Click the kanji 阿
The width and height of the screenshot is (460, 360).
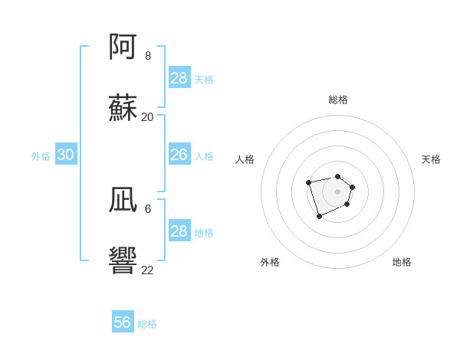pos(123,47)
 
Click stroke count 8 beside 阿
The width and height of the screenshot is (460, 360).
pos(148,56)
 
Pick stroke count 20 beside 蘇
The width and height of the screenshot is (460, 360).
pos(148,117)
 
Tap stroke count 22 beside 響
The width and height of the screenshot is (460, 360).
pos(148,270)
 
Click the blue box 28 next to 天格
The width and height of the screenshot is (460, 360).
pos(179,78)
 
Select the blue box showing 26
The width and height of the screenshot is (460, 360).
pos(179,155)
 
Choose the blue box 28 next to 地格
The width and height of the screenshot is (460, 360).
pos(179,231)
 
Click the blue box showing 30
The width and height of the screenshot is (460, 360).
pos(66,155)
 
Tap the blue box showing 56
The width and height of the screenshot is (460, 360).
pos(123,322)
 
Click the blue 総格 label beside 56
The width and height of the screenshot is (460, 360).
pos(147,324)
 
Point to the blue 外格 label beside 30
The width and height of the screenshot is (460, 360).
pos(41,156)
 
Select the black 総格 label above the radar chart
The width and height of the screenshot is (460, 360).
pos(337,100)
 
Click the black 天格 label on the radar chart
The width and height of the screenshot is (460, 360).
pos(431,159)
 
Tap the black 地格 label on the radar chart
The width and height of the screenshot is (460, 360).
pos(402,262)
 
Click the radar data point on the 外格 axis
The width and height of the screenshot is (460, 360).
pos(319,217)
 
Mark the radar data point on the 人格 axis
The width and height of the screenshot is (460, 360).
pos(308,182)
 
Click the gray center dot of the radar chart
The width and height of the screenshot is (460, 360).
pos(337,191)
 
